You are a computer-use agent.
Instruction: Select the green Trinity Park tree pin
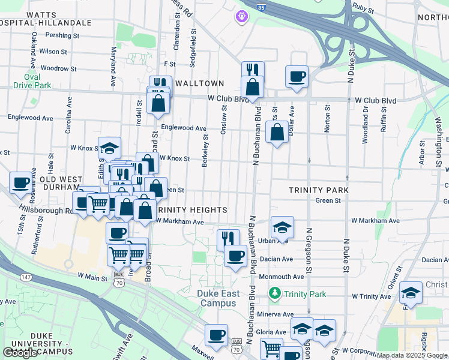(x=275, y=293)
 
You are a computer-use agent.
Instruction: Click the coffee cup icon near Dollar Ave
(x=297, y=77)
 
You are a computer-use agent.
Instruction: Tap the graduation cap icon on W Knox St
(x=110, y=148)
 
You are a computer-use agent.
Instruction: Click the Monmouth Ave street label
(x=282, y=277)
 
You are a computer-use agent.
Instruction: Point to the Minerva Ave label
(x=276, y=314)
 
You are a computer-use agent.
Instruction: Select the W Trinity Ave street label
(x=372, y=296)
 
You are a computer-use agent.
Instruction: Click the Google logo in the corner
(x=20, y=352)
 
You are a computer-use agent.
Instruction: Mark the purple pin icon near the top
(x=242, y=17)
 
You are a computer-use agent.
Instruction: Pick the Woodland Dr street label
(x=365, y=125)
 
